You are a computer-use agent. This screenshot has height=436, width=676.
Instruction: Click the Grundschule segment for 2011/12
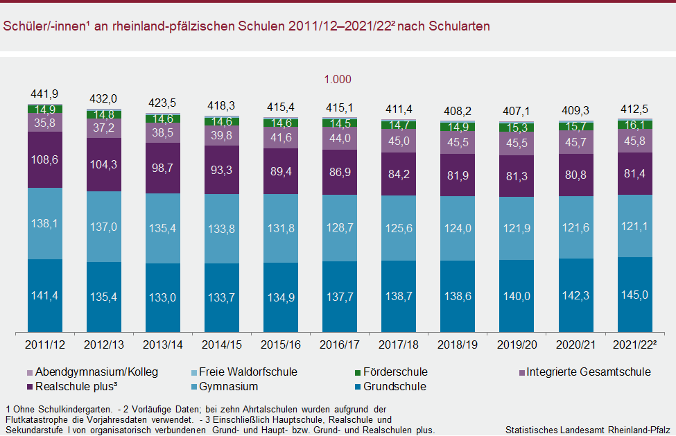pyautogui.click(x=45, y=295)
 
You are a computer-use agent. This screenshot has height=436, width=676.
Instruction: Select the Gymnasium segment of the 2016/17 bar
pyautogui.click(x=340, y=228)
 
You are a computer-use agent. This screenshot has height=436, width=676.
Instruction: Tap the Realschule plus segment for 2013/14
pyautogui.click(x=163, y=168)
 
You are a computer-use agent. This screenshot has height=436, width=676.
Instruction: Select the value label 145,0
pyautogui.click(x=635, y=295)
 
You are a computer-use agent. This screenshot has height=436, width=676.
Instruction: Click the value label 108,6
pyautogui.click(x=45, y=159)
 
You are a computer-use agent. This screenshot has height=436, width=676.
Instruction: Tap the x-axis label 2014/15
pyautogui.click(x=222, y=344)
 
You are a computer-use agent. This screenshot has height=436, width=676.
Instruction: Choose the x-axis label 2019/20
pyautogui.click(x=517, y=344)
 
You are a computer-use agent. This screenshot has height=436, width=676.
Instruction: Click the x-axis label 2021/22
pyautogui.click(x=635, y=344)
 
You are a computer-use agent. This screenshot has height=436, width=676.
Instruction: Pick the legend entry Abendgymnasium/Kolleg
pyautogui.click(x=84, y=372)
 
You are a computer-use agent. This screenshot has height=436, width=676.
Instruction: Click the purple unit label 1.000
pyautogui.click(x=338, y=79)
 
